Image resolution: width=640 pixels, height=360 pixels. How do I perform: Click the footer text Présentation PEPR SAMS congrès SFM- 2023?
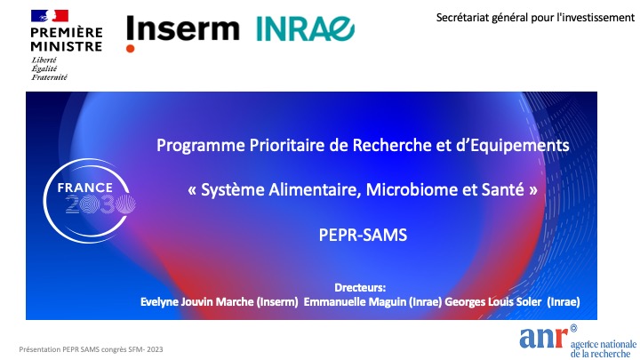(91, 349)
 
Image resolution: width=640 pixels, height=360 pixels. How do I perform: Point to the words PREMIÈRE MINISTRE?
(66, 39)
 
